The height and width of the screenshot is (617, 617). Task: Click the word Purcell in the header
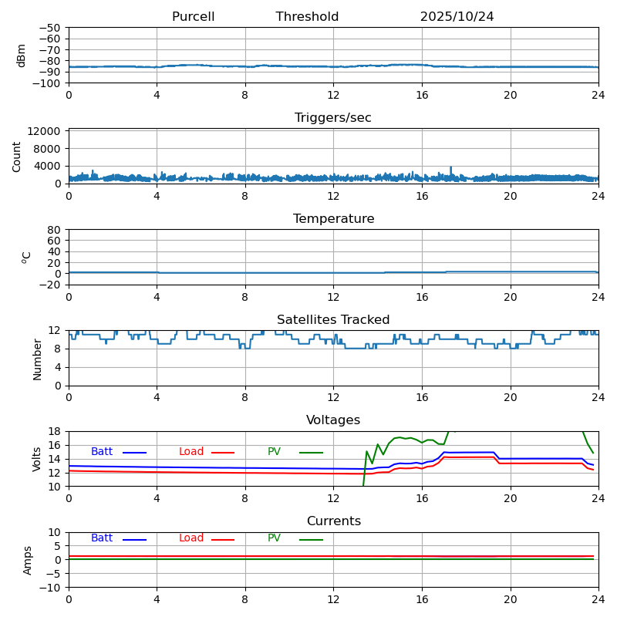coord(193,17)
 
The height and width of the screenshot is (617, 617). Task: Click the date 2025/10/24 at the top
coord(457,17)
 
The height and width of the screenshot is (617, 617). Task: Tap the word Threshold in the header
coord(307,17)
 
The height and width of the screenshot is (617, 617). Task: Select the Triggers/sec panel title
coord(333,118)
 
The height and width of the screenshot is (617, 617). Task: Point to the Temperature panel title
coord(333,219)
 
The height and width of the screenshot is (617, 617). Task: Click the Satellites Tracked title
coord(333,320)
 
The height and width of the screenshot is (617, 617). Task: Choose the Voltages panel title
coord(333,420)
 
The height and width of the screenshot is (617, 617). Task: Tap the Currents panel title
coord(333,521)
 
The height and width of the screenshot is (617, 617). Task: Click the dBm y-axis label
coord(22,56)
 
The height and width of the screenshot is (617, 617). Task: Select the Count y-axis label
coord(17,156)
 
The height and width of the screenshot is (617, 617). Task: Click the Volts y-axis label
coord(37,459)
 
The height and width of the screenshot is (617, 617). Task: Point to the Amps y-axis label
coord(28,560)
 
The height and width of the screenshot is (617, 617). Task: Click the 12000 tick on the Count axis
coord(46,132)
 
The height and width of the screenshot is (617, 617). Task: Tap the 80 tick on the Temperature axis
coord(55,230)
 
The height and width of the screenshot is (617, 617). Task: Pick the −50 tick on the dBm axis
coord(49,28)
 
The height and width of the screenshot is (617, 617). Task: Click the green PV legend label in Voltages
coord(275,452)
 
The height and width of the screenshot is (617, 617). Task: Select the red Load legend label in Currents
coord(191,538)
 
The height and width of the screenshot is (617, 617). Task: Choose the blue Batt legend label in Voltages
coord(102,452)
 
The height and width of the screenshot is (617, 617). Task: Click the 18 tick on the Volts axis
coord(55,431)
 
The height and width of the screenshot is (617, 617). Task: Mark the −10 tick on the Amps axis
coord(49,588)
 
